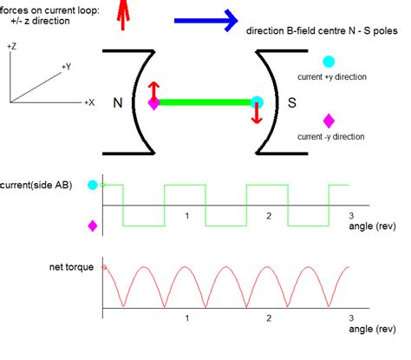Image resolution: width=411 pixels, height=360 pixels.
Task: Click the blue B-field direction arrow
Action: pos(205,19)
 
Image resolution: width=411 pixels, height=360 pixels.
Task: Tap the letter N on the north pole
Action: pos(116,102)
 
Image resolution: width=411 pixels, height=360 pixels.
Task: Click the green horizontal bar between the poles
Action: pos(205,102)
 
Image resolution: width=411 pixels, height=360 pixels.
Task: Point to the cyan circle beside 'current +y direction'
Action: pos(328,62)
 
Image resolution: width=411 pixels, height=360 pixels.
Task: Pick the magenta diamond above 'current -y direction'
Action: pos(328,121)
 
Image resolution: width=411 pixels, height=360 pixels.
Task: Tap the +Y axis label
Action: pos(67,66)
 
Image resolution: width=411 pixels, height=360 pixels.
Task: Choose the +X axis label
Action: pos(88,102)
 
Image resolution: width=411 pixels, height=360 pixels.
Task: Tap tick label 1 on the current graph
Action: pos(185,215)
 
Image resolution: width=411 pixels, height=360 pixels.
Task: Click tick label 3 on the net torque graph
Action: pos(350,317)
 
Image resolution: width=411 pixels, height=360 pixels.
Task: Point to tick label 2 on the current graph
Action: pos(268,215)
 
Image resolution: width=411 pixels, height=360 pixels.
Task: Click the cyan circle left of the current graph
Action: pos(93,185)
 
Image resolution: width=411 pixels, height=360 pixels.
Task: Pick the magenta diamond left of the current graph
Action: pos(93,226)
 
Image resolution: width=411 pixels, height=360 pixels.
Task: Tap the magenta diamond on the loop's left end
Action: pos(153,103)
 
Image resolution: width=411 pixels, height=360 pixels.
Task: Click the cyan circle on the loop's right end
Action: pos(257,101)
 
